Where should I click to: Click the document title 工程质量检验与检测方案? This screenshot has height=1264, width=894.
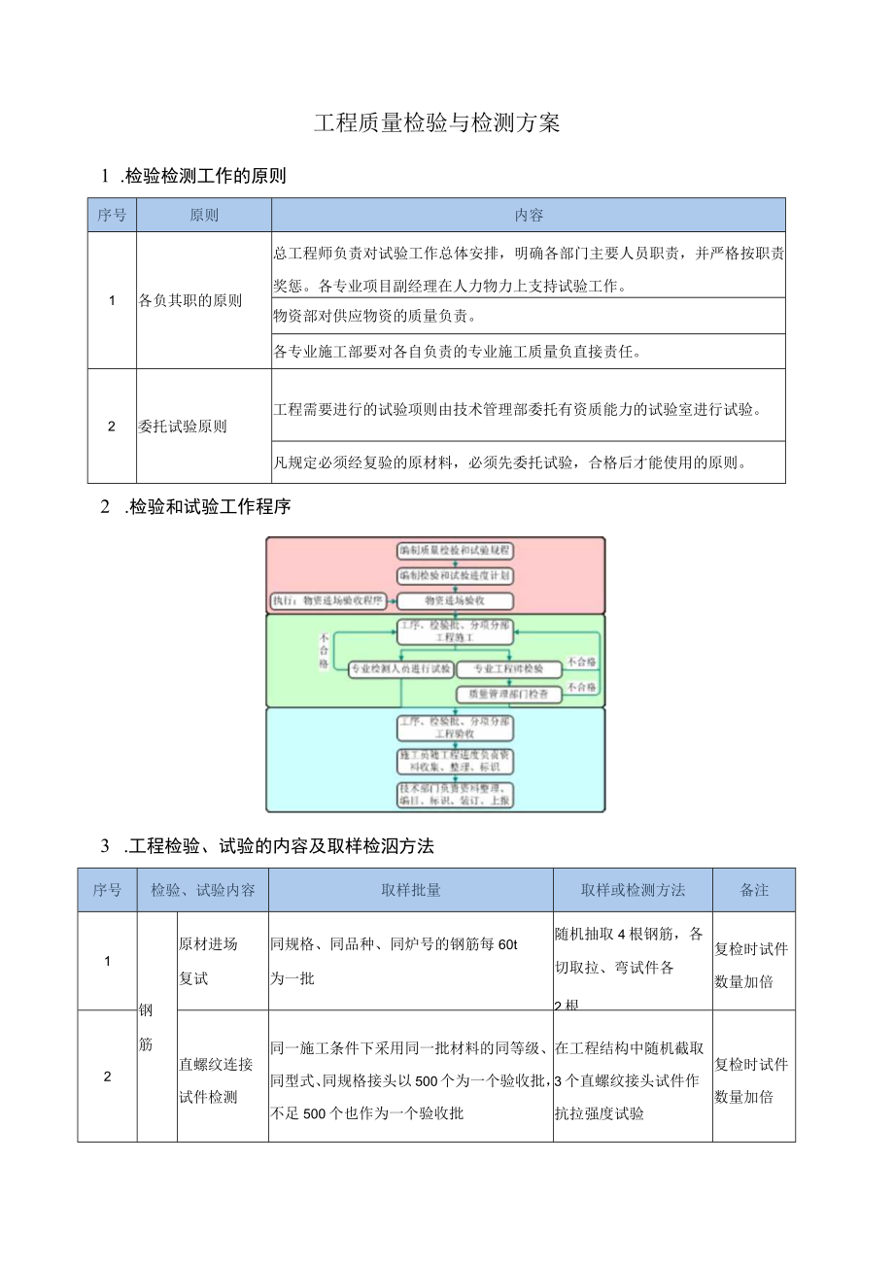click(x=437, y=123)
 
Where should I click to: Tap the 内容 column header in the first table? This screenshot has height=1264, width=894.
click(x=529, y=215)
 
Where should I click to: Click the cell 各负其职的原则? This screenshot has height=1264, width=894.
click(x=190, y=300)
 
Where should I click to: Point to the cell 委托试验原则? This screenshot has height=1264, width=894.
click(x=183, y=426)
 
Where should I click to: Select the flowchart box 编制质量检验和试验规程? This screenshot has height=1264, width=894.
click(x=455, y=550)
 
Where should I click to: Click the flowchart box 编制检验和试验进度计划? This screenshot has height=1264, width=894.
click(x=455, y=575)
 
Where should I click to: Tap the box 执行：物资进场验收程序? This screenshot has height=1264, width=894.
click(x=328, y=600)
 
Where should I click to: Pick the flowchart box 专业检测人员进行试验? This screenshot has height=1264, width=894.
click(x=400, y=668)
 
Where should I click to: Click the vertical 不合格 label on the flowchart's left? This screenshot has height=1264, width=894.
click(x=323, y=651)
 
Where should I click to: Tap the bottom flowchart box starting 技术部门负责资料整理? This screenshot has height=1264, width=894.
click(x=455, y=794)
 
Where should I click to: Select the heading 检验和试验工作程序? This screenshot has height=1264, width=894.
click(x=209, y=507)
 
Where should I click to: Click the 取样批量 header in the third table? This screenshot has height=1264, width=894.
click(x=411, y=889)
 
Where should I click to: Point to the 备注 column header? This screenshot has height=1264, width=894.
click(x=754, y=889)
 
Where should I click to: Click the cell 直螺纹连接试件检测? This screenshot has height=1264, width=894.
click(x=216, y=1080)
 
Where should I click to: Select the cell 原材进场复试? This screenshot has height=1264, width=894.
click(x=208, y=961)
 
